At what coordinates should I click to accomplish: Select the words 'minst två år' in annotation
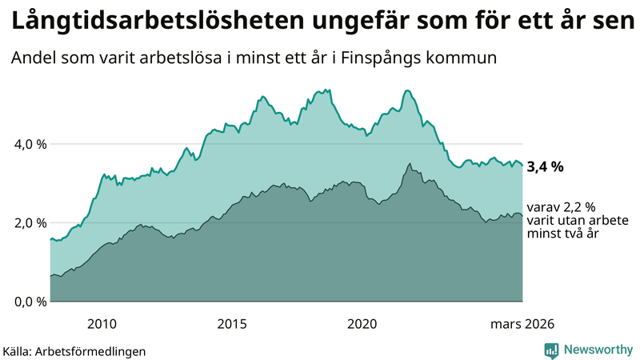[x=564, y=234]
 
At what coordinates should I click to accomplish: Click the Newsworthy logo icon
[x=551, y=350]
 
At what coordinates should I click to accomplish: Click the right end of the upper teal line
[x=522, y=165]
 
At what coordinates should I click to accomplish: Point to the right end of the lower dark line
[x=522, y=215]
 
